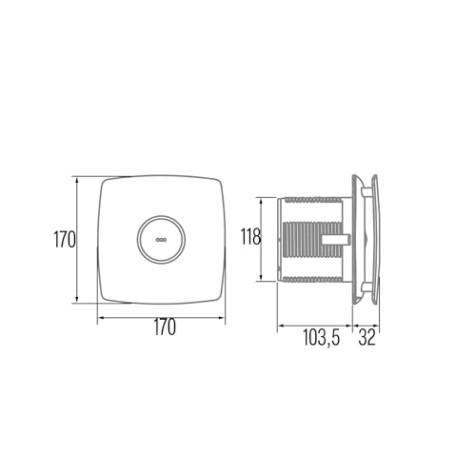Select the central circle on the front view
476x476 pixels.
160,239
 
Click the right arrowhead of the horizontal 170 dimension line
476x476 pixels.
225,316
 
